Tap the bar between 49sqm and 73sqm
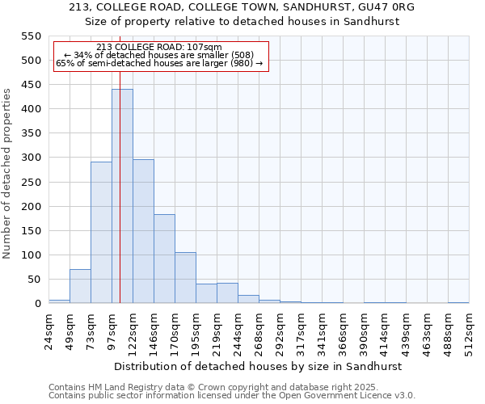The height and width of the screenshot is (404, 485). [x=80, y=286]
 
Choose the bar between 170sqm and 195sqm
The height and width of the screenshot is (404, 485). [x=185, y=278]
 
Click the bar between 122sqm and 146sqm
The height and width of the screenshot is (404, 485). [x=143, y=231]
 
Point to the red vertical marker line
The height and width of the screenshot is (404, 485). [x=120, y=242]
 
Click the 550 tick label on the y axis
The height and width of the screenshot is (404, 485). [x=30, y=36]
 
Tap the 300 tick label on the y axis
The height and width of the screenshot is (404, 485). [x=30, y=158]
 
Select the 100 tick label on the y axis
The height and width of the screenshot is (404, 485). [x=30, y=255]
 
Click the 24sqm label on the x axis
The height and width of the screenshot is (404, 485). [x=49, y=330]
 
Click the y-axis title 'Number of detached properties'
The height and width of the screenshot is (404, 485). [x=8, y=174]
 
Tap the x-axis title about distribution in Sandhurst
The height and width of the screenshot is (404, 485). [x=259, y=366]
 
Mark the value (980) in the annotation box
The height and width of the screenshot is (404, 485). [x=241, y=63]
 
